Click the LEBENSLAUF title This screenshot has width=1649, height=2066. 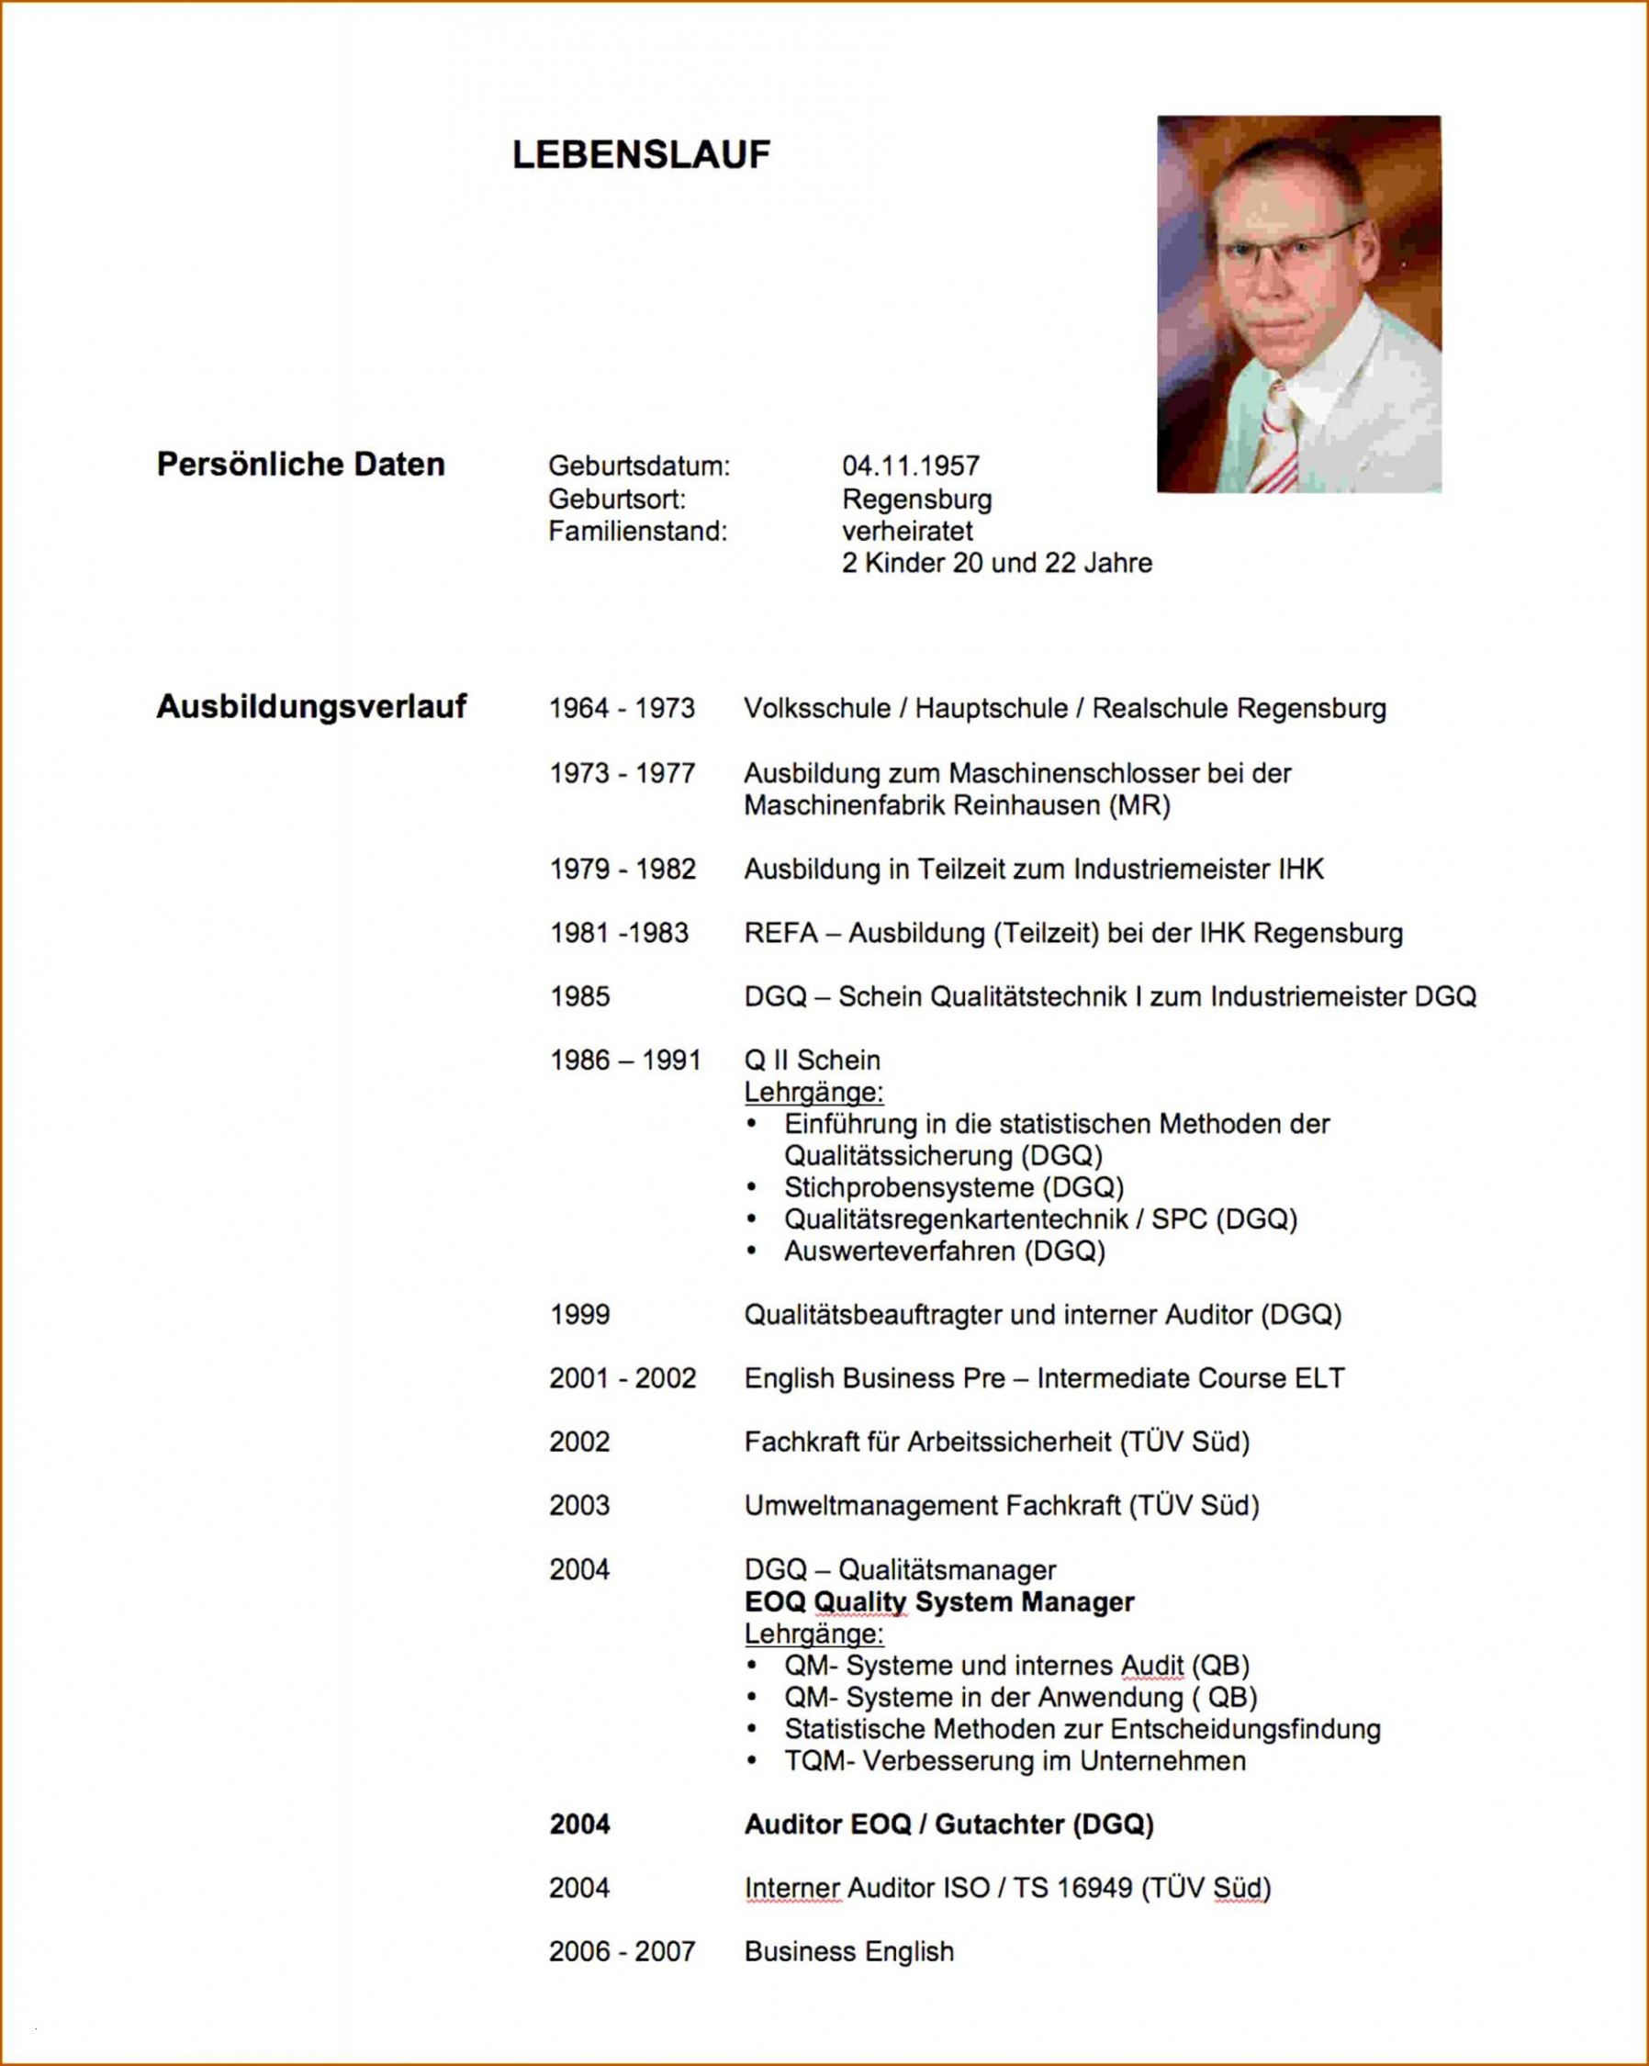point(641,155)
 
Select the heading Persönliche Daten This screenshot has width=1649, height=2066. point(301,465)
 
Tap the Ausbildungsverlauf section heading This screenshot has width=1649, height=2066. point(311,706)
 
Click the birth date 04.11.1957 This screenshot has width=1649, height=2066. point(910,466)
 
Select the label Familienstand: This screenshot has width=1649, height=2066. point(637,531)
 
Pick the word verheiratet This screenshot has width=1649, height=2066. point(906,531)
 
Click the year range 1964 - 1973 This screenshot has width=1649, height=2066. point(622,708)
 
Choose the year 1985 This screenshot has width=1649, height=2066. point(579,996)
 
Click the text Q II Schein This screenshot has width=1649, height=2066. point(812,1060)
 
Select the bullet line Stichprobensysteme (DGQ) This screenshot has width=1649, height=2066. point(953,1187)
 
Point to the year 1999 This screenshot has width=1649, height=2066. point(579,1314)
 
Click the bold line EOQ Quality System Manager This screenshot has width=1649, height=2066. point(939,1601)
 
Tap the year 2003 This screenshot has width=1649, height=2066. point(578,1505)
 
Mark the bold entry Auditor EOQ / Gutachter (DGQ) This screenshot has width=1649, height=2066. point(948,1824)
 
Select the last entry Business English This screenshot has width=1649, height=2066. point(849,1951)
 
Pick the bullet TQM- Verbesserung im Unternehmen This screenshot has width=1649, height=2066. point(1015,1760)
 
